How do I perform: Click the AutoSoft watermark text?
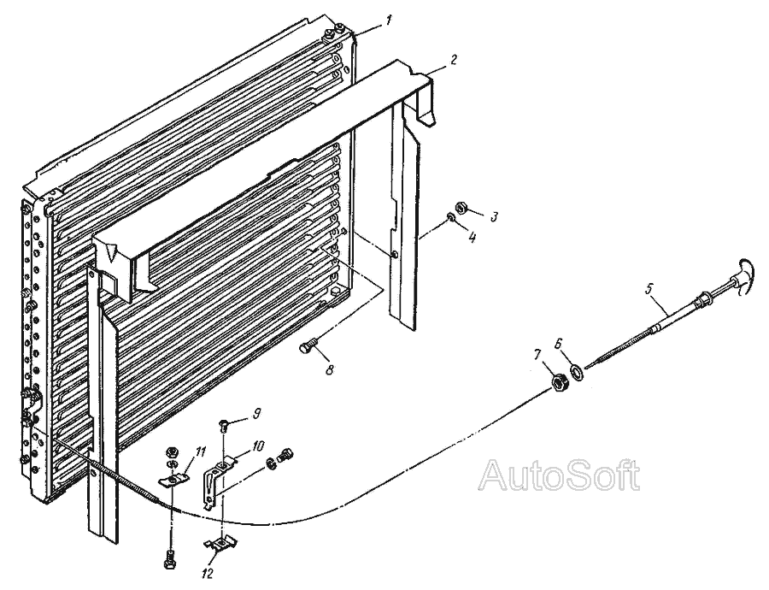[560, 475]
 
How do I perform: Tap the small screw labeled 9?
[224, 422]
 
